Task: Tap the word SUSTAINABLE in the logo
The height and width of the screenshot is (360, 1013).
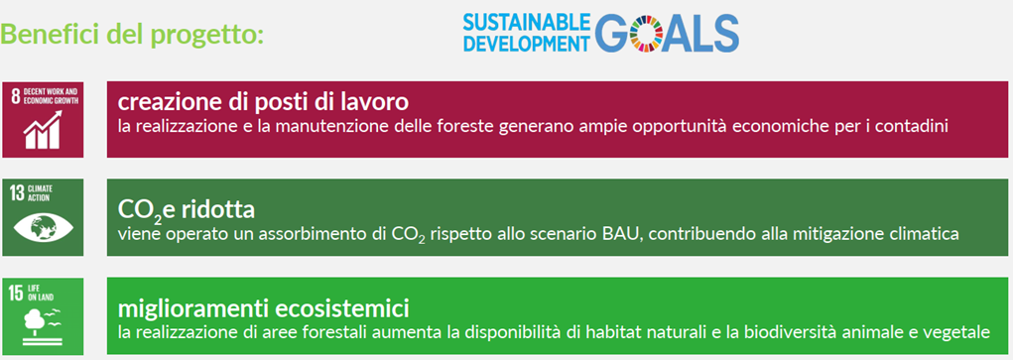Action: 526,22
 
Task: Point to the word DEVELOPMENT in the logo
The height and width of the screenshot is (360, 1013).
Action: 526,43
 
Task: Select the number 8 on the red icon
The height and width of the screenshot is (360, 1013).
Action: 15,96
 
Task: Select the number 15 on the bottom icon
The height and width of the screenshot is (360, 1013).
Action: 17,290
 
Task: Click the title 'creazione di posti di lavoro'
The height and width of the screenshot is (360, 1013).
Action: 263,101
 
